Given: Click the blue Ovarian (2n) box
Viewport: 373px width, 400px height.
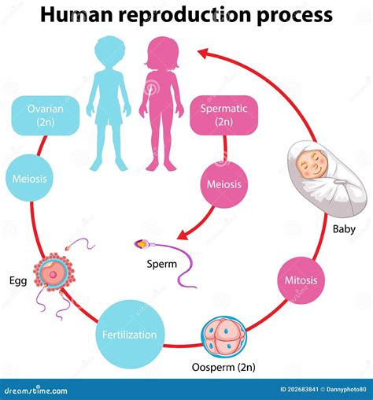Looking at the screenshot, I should coord(44,115).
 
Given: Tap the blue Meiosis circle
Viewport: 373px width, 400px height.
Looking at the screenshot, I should coord(30,178).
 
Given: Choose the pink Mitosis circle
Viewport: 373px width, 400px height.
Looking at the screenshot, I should coord(302,279).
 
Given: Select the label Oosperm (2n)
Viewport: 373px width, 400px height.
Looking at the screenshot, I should coord(223,368).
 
